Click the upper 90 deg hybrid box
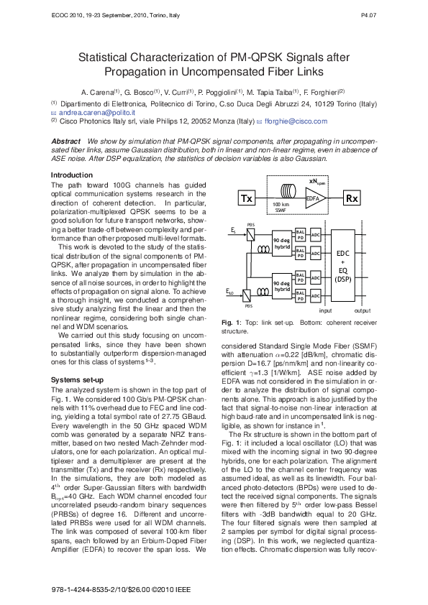coord(282,242)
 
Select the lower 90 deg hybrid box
coord(282,307)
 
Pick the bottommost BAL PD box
coord(301,318)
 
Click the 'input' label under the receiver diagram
coord(325,331)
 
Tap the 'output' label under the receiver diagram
coord(363,331)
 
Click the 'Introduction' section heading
coord(71,176)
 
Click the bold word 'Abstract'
coord(65,142)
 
